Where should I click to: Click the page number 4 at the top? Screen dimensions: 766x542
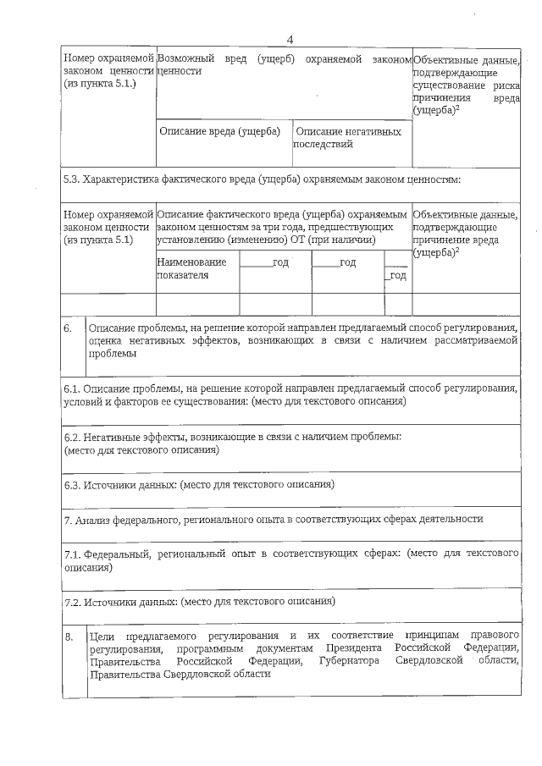tap(290, 40)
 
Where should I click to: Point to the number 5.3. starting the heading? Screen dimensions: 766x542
tap(74, 179)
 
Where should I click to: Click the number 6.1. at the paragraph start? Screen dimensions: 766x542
tap(74, 388)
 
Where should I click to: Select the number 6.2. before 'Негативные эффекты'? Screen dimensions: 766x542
tap(74, 437)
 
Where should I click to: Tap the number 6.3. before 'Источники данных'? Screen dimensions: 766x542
tap(74, 485)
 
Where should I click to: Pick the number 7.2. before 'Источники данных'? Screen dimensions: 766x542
tap(74, 602)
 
